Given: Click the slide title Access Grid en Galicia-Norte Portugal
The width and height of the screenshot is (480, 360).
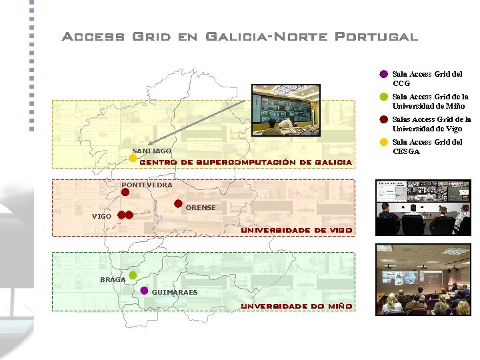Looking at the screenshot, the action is click(x=239, y=37).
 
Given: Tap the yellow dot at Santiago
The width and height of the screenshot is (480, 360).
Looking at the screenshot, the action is click(x=133, y=159).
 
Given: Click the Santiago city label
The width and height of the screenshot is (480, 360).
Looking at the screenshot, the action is click(x=151, y=151).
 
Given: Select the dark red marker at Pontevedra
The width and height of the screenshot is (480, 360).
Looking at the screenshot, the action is click(x=125, y=192).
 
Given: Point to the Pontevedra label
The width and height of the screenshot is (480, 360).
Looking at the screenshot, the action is click(x=147, y=185).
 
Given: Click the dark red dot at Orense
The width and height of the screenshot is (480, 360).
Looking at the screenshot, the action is click(x=178, y=204).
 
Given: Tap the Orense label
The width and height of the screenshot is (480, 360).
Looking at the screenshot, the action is click(x=201, y=208).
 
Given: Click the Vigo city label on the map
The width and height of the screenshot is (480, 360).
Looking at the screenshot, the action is click(x=102, y=217).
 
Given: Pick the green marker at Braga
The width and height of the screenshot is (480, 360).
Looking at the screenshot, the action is click(x=133, y=275).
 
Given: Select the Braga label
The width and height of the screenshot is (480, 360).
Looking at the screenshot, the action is click(x=113, y=280).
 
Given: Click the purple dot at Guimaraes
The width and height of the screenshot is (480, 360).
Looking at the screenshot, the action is click(x=145, y=291).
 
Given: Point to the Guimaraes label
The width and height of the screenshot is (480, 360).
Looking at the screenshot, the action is click(x=175, y=293).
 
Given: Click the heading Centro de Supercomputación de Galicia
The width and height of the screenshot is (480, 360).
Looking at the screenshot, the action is click(x=245, y=162).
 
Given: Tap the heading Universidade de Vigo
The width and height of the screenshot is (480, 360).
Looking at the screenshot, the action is click(x=296, y=230).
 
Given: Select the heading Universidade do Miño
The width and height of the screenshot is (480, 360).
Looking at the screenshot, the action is click(x=297, y=306).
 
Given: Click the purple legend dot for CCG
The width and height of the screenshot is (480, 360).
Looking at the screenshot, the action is click(x=384, y=74).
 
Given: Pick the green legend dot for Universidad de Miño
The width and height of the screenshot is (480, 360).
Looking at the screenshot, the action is click(x=384, y=97).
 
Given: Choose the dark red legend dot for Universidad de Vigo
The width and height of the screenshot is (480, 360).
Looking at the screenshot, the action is click(x=384, y=120).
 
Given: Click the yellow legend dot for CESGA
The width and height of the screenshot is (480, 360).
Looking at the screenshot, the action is click(x=384, y=142).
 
